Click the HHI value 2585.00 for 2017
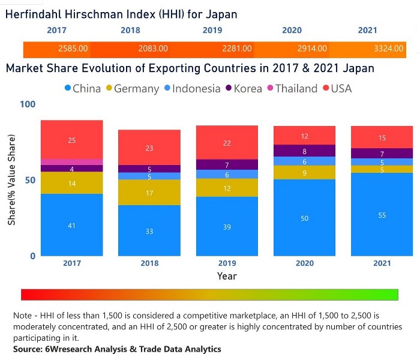point(73,49)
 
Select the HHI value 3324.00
point(389,49)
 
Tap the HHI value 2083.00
point(152,49)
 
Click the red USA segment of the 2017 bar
point(71,140)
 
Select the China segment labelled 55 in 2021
point(382,215)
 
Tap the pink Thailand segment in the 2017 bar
point(71,161)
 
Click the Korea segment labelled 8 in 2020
point(304,151)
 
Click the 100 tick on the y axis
point(28,104)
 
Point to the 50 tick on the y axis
point(31,180)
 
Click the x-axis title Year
point(227,276)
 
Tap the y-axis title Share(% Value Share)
point(12,179)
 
